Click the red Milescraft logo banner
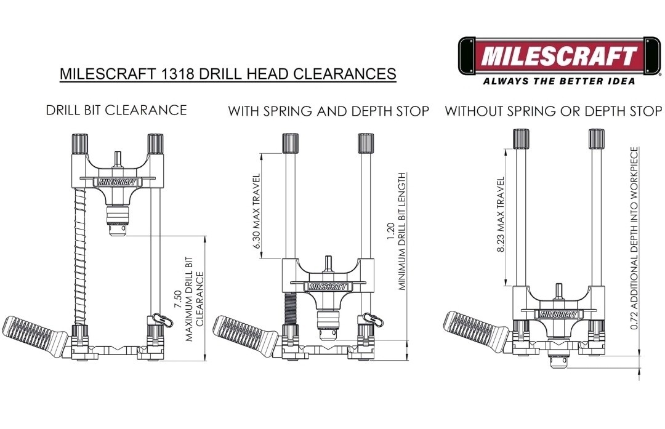[559, 56]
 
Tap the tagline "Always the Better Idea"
[559, 81]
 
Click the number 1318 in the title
[177, 74]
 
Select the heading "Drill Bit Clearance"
[116, 110]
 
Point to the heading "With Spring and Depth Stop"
[329, 111]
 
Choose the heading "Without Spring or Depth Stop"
[553, 111]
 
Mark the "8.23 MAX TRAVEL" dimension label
[501, 215]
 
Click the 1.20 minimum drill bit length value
[391, 232]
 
